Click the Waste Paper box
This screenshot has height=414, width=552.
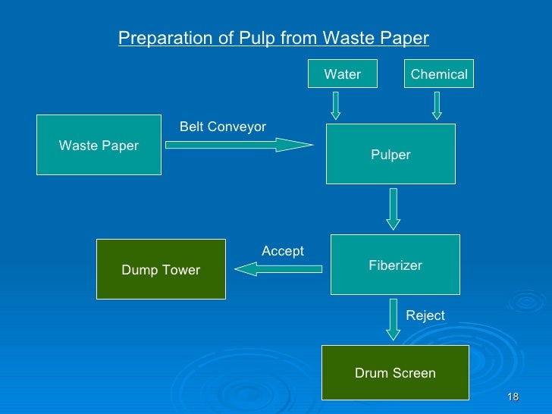tap(99, 145)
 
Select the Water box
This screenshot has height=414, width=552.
tap(342, 74)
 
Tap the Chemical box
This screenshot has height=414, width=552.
tap(438, 74)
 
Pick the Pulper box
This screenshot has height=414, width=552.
tap(390, 154)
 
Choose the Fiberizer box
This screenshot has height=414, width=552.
tap(395, 265)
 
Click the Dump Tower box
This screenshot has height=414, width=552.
tap(161, 269)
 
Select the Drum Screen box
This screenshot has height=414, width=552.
tap(395, 372)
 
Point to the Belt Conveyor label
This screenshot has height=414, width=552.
tap(222, 127)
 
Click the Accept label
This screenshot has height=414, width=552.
tap(282, 251)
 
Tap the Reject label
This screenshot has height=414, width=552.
tap(425, 315)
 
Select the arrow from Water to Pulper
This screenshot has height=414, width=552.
tap(336, 105)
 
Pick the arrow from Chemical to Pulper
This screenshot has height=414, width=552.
tap(437, 105)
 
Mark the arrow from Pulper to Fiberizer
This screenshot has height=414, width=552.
tap(393, 209)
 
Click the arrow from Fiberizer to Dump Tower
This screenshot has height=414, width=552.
tap(279, 268)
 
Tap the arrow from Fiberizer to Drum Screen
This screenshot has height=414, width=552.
tap(393, 319)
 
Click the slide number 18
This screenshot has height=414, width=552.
tap(513, 399)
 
